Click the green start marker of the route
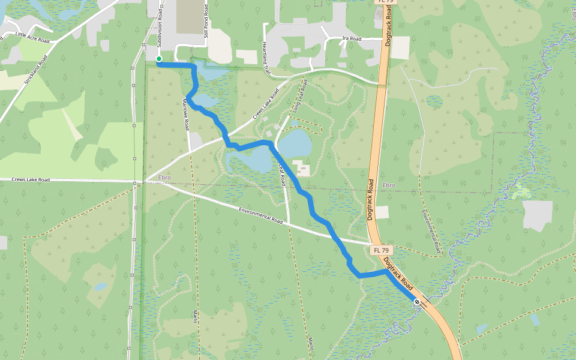point(159,59)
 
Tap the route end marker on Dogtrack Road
point(417,302)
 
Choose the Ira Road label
point(352,38)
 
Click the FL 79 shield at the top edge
point(385,2)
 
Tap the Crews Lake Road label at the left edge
point(30,179)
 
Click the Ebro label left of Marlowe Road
point(165,178)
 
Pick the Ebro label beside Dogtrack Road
point(389,185)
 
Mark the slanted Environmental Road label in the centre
point(260,215)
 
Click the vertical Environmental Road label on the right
point(431,230)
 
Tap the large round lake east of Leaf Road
point(295,144)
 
